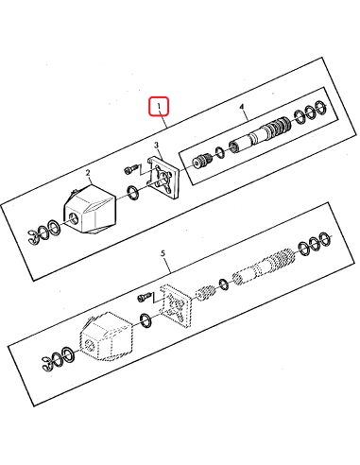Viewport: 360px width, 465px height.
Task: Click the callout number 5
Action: pyautogui.click(x=163, y=253)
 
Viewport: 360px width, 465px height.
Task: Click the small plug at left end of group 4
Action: pyautogui.click(x=199, y=162)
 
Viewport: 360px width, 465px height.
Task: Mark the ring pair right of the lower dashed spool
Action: pyautogui.click(x=314, y=245)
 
